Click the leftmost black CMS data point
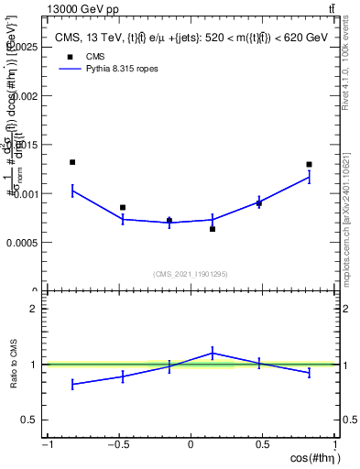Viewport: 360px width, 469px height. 72,162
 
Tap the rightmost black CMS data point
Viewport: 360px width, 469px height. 310,165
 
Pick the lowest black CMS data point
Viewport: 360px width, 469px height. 213,229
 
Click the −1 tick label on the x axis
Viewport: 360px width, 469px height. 47,445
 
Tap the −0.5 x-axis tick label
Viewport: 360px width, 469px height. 117,445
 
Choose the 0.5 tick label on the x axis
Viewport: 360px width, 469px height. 263,445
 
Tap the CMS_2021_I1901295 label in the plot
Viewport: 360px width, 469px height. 190,274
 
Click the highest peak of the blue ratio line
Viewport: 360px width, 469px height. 213,353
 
